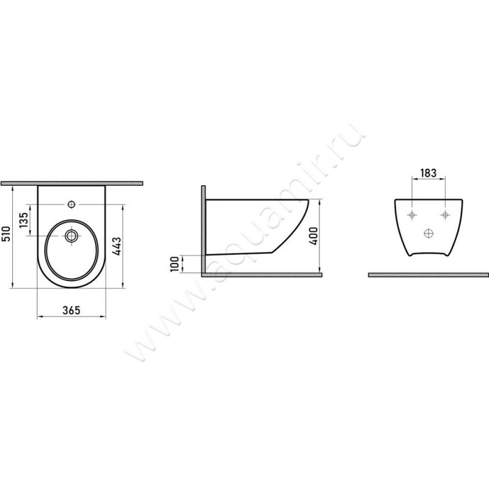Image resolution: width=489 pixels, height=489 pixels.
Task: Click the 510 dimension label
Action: click(x=6, y=234)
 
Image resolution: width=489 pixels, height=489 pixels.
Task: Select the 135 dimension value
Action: click(x=24, y=219)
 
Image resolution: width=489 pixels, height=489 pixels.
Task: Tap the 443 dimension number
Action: click(x=116, y=246)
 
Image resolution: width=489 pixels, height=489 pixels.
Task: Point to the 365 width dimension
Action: click(x=72, y=311)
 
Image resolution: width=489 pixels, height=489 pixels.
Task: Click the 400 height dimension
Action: click(x=314, y=236)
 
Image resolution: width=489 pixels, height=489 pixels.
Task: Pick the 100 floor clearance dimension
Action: click(x=175, y=264)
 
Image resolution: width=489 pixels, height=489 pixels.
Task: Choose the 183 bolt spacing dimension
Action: click(x=428, y=173)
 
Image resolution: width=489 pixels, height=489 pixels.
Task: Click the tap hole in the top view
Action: click(x=72, y=204)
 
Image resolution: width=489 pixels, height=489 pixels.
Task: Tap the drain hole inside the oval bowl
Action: click(x=72, y=236)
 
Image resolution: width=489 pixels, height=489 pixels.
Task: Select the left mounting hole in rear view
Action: click(x=412, y=215)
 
